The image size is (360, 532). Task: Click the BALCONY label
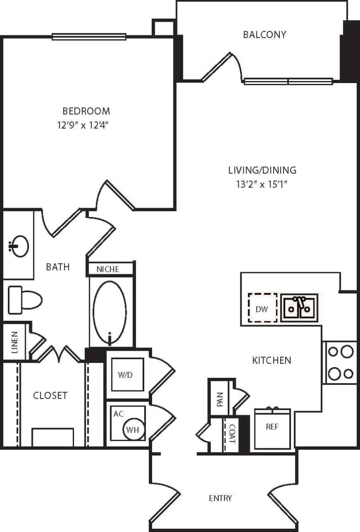click(x=264, y=34)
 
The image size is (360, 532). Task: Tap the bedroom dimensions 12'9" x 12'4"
click(x=86, y=125)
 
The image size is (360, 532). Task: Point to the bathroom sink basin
click(x=19, y=246)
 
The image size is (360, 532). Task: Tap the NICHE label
click(x=108, y=269)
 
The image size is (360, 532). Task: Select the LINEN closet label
click(x=15, y=342)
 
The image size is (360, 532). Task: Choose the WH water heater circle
click(x=133, y=430)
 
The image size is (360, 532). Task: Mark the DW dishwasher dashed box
click(x=262, y=308)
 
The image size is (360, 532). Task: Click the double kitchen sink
click(x=299, y=308)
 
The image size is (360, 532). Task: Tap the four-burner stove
click(x=340, y=362)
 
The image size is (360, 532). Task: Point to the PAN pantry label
click(x=220, y=399)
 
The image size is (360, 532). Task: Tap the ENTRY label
click(x=220, y=498)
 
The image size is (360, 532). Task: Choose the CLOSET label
click(x=50, y=395)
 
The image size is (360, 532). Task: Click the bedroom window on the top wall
click(x=89, y=37)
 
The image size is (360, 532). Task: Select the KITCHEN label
click(x=271, y=360)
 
